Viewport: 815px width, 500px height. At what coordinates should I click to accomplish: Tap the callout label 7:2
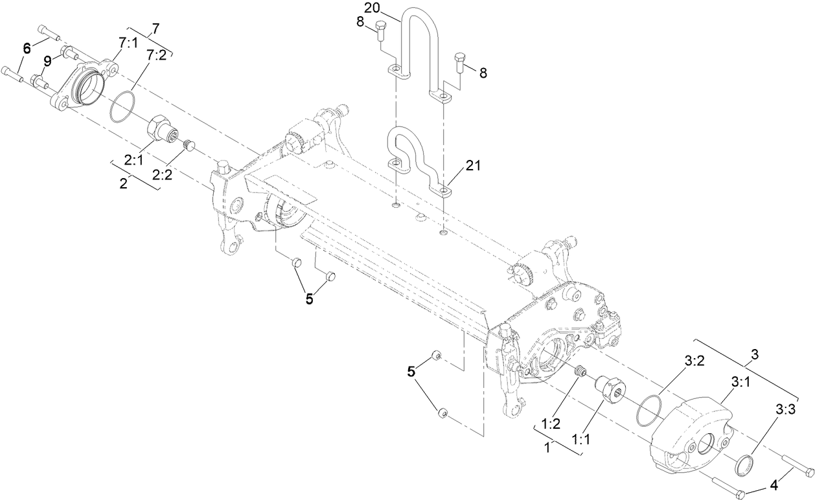(x=157, y=56)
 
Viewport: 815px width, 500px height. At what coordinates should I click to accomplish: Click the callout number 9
(x=47, y=61)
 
